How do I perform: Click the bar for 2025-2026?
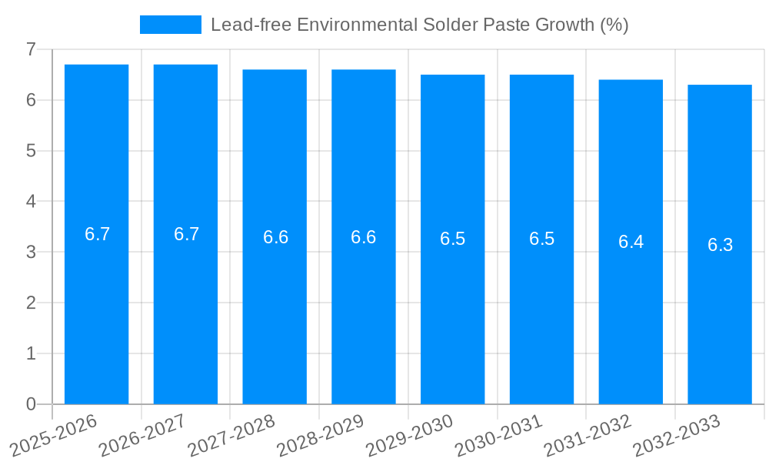click(96, 308)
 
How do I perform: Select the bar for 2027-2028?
click(275, 308)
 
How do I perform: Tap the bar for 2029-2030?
click(452, 308)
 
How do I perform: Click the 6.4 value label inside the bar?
click(631, 242)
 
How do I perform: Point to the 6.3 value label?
click(720, 245)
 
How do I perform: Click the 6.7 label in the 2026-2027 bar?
click(186, 234)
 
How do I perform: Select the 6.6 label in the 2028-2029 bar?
click(363, 237)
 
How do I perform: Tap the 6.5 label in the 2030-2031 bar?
click(541, 239)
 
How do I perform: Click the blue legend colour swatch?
click(170, 25)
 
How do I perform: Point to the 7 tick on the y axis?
click(31, 49)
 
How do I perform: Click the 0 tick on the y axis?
click(31, 404)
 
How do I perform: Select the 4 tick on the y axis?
click(31, 202)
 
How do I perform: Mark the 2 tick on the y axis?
click(31, 303)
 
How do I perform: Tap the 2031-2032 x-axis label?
click(588, 435)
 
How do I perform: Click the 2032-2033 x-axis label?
click(677, 435)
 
